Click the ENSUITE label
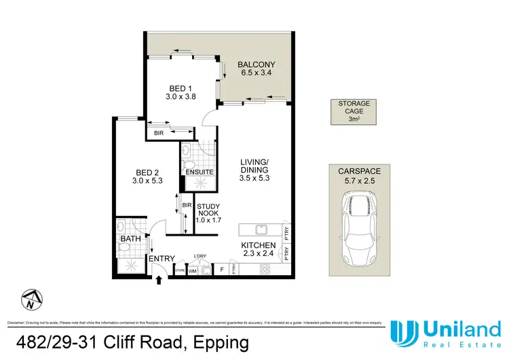coord(200,173)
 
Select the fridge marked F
coord(222,270)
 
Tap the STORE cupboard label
coord(181,270)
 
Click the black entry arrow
coord(159,278)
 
